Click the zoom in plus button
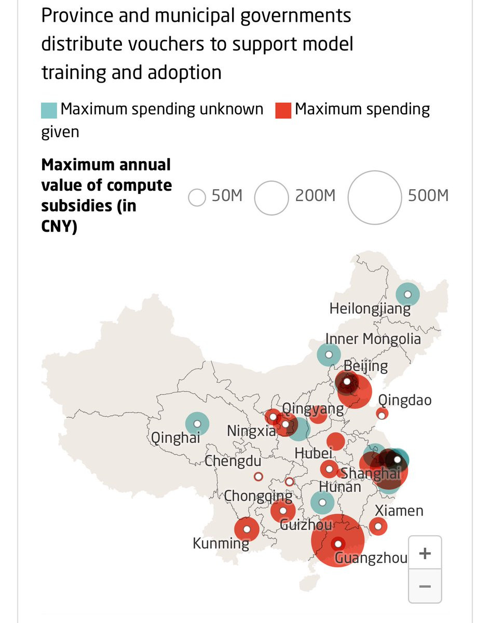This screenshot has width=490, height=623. tap(425, 553)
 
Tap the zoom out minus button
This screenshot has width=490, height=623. tap(425, 586)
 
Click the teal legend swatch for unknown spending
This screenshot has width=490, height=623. tap(49, 110)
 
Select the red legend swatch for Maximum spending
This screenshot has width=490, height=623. tap(283, 110)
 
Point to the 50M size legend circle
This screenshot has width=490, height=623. tap(197, 197)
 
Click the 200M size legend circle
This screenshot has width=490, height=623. tap(271, 198)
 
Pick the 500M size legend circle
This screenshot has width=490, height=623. tap(375, 197)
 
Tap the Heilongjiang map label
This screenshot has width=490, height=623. tap(370, 309)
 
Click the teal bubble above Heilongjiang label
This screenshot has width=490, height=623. tap(407, 295)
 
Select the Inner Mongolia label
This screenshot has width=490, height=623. tap(373, 339)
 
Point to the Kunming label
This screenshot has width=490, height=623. tap(221, 543)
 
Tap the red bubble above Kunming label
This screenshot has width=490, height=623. tap(247, 529)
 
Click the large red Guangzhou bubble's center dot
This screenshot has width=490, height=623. tap(338, 544)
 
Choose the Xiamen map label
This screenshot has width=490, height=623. tap(399, 511)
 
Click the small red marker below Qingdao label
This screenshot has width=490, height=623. tap(382, 415)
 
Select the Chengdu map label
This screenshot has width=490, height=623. tap(233, 461)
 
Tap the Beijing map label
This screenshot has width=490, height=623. tap(365, 366)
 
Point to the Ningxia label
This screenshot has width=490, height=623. tap(251, 431)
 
